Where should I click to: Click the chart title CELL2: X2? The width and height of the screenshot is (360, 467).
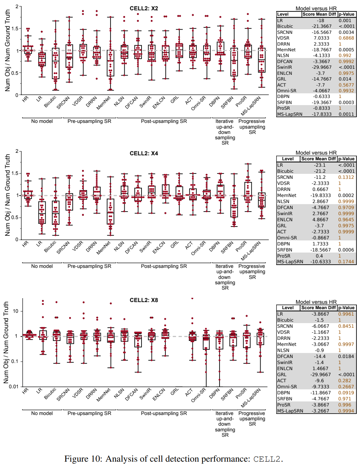point(144,8)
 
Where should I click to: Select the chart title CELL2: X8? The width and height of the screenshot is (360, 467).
point(144,300)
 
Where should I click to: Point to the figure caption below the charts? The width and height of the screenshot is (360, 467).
point(174,459)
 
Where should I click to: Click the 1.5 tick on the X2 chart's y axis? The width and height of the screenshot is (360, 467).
point(15,28)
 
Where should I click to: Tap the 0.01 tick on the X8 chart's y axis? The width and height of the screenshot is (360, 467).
point(13,386)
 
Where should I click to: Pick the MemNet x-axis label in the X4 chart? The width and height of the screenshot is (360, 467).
point(104,248)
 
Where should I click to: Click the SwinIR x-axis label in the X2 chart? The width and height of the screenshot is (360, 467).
point(145,102)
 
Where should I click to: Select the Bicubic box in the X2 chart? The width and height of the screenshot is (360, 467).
point(56,63)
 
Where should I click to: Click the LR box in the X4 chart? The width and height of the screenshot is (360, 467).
point(42,213)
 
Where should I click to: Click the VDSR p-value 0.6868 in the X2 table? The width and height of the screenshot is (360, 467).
point(346,38)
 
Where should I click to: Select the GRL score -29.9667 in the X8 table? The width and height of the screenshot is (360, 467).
point(319,374)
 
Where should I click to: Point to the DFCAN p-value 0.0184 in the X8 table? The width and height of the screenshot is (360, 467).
point(346,356)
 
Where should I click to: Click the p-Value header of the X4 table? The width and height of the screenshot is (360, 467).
point(346,159)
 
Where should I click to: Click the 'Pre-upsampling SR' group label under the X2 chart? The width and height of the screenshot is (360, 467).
point(89,121)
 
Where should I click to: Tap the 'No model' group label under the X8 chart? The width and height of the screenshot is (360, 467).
point(42,413)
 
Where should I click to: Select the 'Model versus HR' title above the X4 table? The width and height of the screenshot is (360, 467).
point(316,152)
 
